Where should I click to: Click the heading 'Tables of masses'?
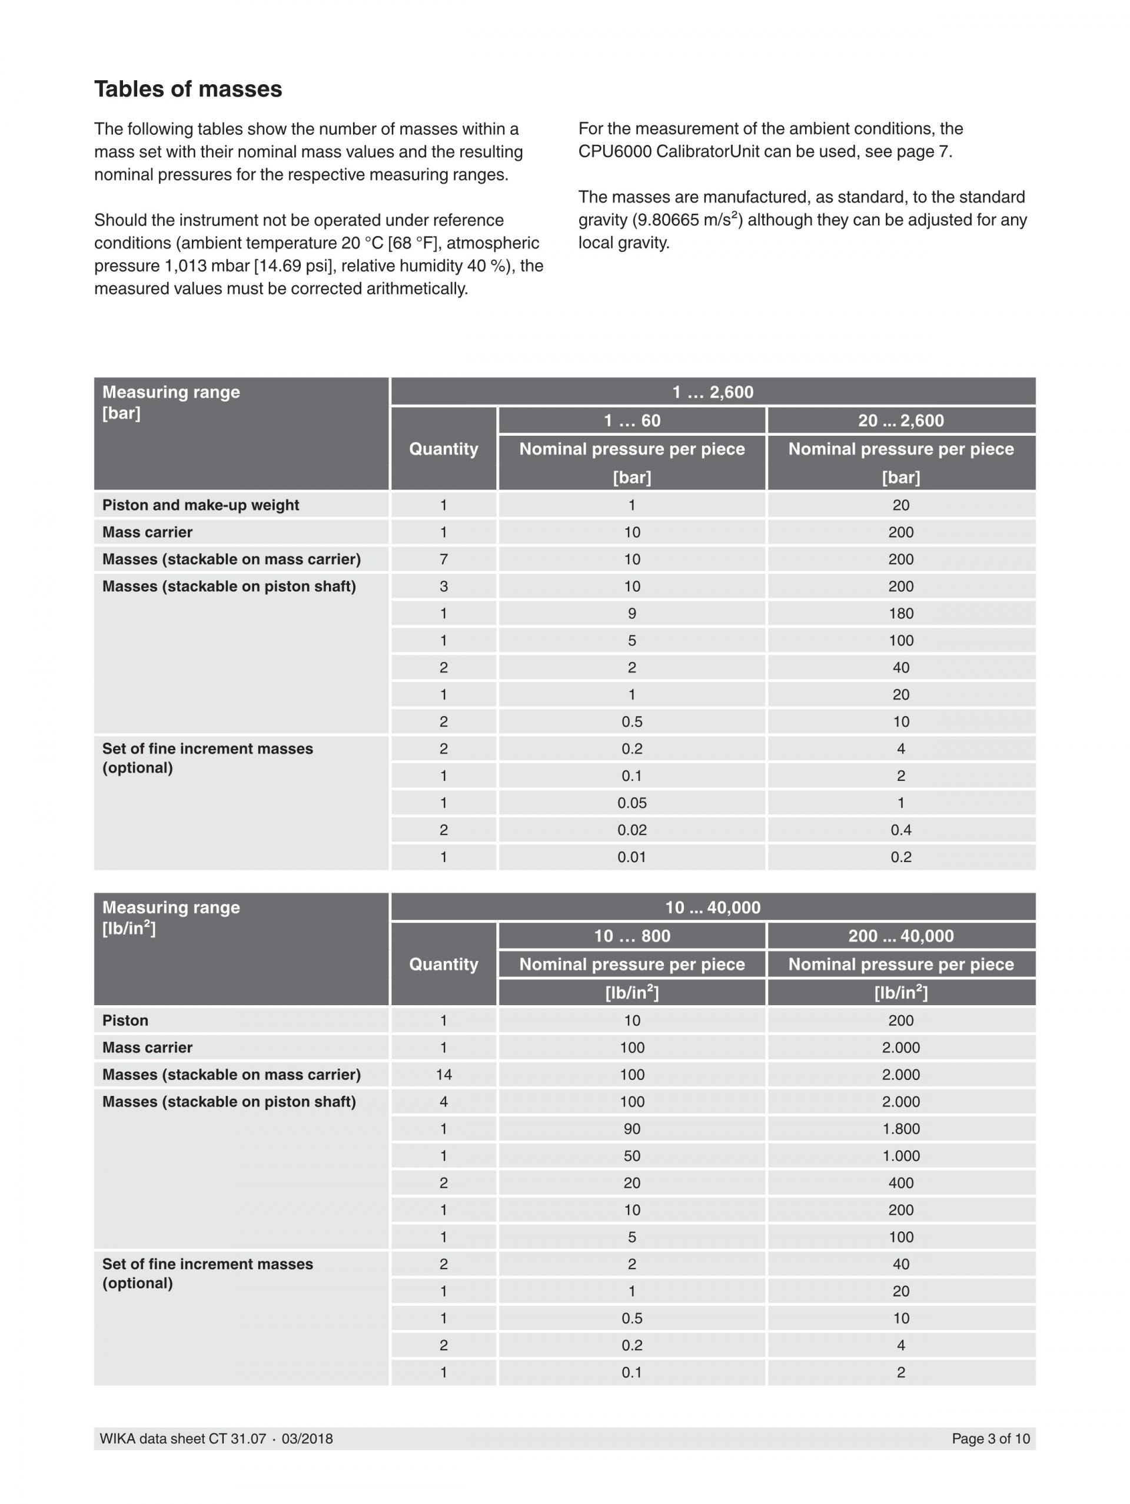pos(188,89)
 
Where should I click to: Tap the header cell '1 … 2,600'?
pos(712,392)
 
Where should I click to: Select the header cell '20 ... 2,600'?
pos(900,421)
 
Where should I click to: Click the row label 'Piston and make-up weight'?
pos(201,505)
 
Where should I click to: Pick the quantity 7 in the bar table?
pos(443,559)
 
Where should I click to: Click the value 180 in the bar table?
pos(900,613)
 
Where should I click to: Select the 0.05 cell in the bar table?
pos(632,803)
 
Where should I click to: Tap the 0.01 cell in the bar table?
pos(632,857)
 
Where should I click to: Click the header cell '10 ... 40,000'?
pos(712,907)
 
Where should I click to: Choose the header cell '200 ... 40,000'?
pos(900,936)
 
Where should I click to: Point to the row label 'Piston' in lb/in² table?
pos(125,1021)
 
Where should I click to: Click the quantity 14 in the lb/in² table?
pos(443,1075)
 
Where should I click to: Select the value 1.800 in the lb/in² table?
pos(900,1129)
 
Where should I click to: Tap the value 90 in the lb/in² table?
pos(632,1129)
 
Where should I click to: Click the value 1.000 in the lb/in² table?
pos(900,1156)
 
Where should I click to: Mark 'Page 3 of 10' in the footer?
pos(990,1439)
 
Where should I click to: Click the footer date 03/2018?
pos(307,1439)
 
